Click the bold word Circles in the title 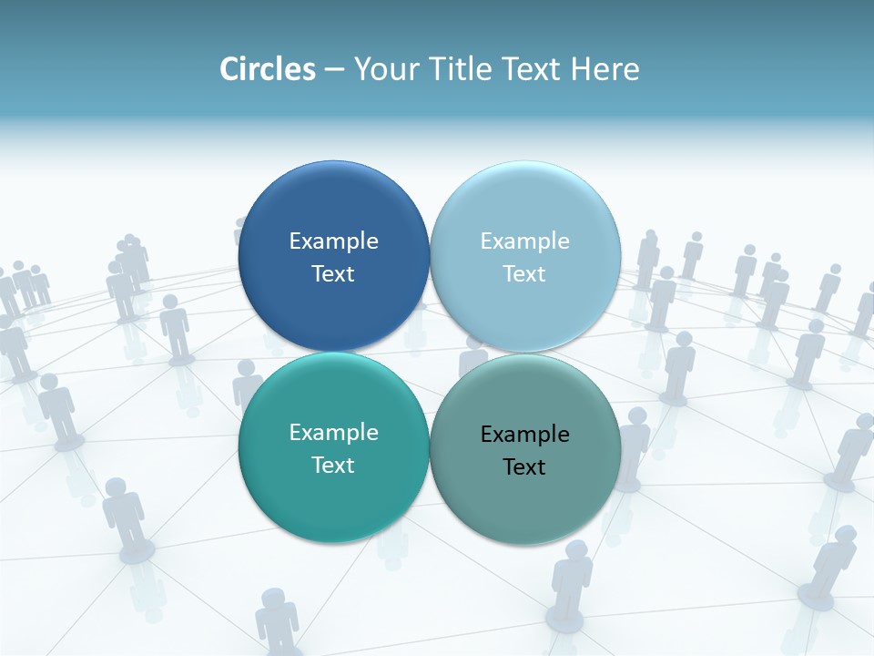(268, 69)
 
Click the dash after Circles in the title (334, 70)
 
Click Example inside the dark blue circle (333, 241)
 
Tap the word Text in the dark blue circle (333, 273)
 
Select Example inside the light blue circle (524, 241)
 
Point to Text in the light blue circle (524, 273)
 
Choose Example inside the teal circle (333, 432)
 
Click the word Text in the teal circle (333, 465)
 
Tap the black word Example (524, 434)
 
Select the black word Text (524, 466)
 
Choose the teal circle (333, 506)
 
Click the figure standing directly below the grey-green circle (572, 583)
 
